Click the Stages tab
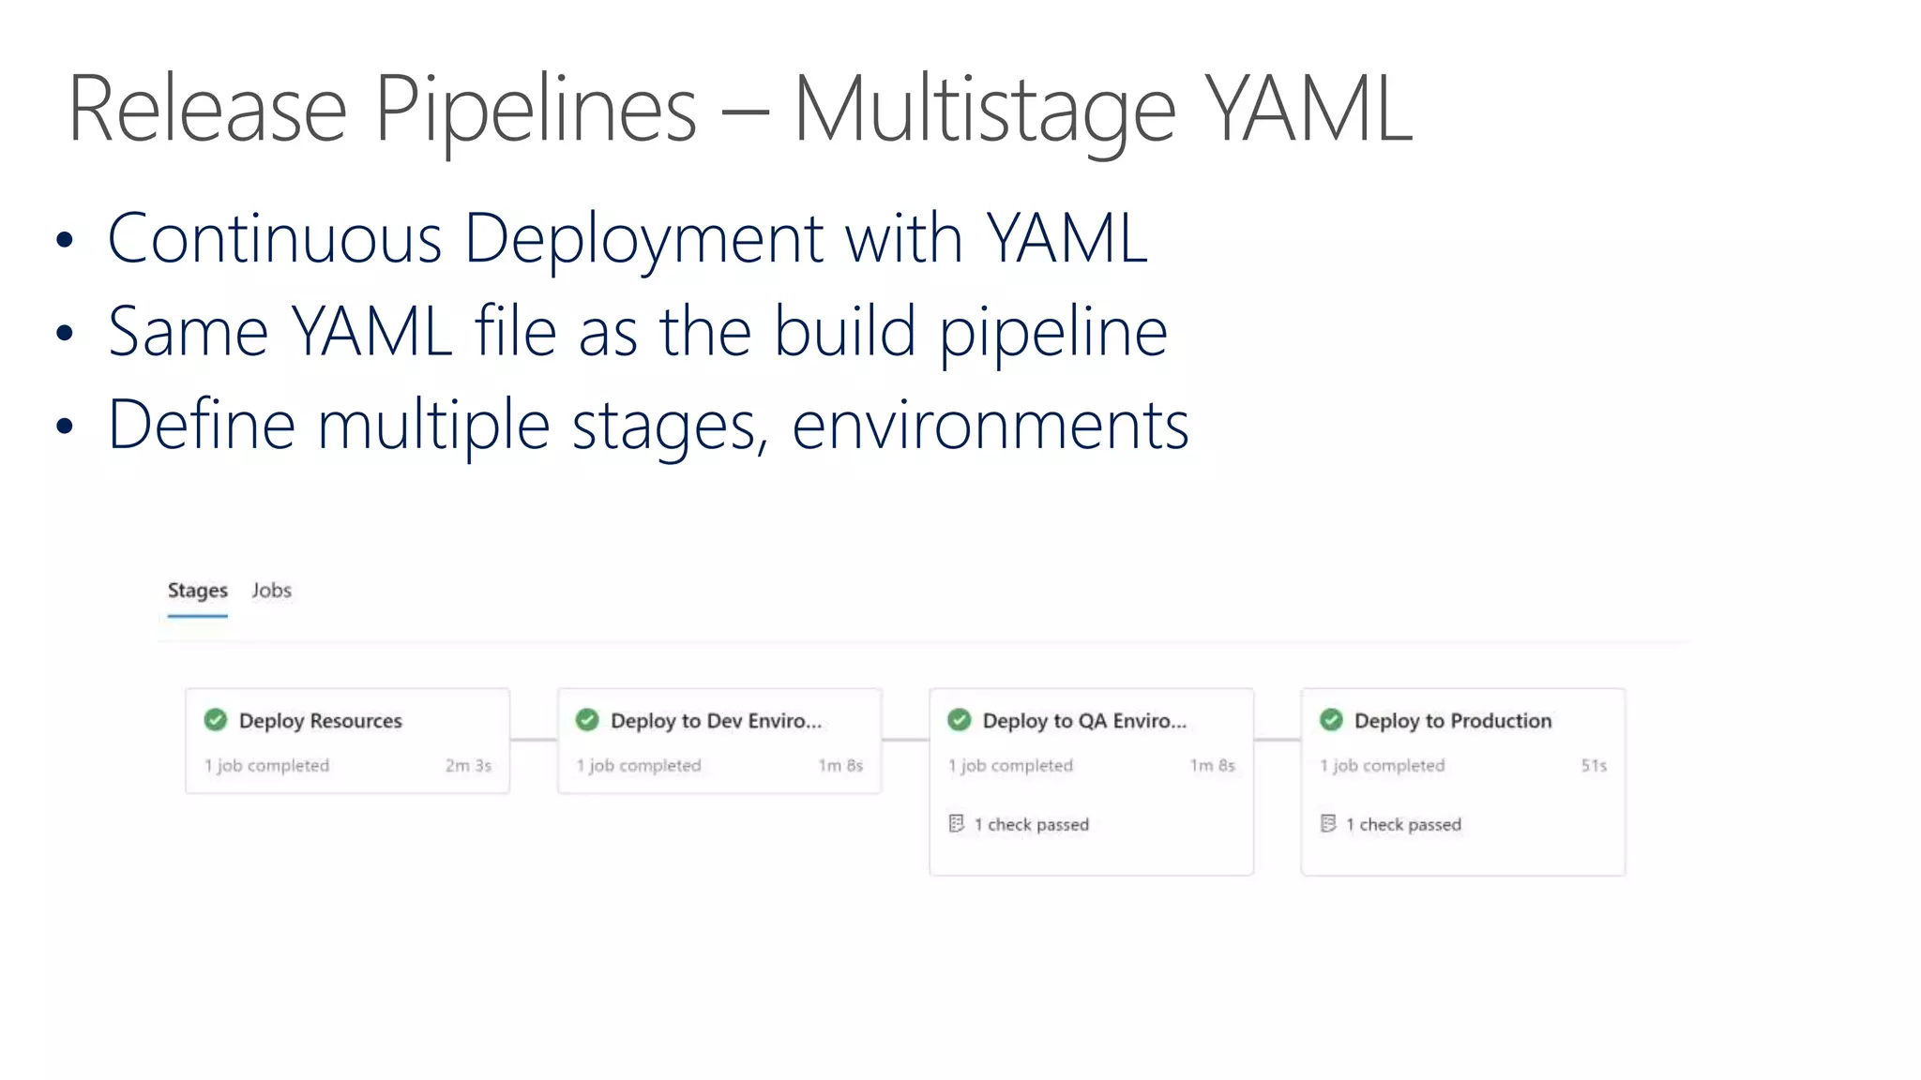[x=197, y=591]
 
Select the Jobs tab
[x=271, y=591]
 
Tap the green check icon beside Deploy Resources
[x=216, y=720]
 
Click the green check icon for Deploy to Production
[x=1331, y=720]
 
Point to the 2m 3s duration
[x=468, y=766]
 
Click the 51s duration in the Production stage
[x=1594, y=766]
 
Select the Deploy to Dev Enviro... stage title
[x=716, y=721]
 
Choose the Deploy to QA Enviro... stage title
[x=1084, y=721]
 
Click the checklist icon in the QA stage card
[x=956, y=824]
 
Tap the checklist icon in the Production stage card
[x=1328, y=824]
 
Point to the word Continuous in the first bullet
[x=274, y=239]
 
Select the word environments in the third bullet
[x=991, y=426]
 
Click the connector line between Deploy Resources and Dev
[x=534, y=740]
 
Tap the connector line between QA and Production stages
[x=1277, y=740]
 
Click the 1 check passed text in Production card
[x=1403, y=825]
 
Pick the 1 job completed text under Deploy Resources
[x=267, y=766]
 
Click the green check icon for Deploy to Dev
[x=587, y=720]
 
